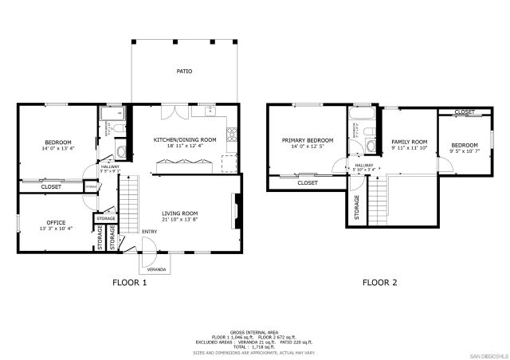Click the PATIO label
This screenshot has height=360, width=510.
(184, 71)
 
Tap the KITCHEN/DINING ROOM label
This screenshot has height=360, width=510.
(185, 139)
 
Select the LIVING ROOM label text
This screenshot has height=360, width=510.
(180, 213)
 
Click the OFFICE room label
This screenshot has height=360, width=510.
(56, 222)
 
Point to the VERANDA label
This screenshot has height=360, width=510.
(155, 269)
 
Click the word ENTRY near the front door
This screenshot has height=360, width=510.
(149, 232)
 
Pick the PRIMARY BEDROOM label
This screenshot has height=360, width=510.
(307, 139)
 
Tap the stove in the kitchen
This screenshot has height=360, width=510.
(232, 135)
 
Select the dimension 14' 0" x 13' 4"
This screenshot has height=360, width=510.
(57, 148)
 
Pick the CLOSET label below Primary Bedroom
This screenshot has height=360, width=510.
(308, 182)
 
